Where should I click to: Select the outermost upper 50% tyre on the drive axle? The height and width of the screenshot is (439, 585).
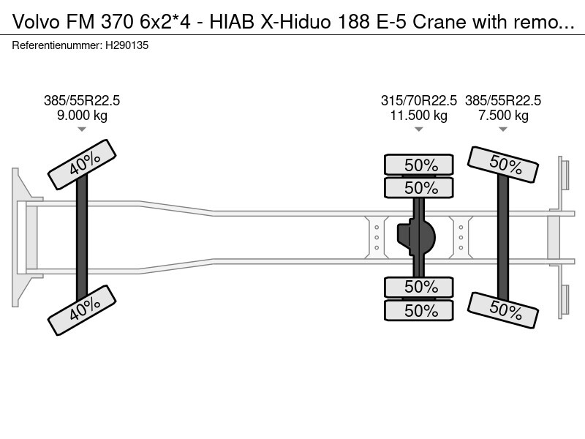tap(419, 165)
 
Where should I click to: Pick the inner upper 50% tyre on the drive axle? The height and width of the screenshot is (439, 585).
tap(419, 188)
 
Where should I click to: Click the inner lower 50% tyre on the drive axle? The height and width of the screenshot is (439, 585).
tap(419, 287)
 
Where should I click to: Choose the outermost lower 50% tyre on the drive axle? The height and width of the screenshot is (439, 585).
tap(419, 309)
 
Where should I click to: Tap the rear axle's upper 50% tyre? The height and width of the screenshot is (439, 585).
tap(503, 165)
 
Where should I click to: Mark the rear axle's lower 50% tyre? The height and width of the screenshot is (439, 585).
tap(503, 309)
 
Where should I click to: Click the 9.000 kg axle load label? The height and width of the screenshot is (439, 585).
tap(82, 115)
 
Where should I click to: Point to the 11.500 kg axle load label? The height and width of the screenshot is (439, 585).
tap(419, 115)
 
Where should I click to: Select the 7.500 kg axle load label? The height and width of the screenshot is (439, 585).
tap(503, 115)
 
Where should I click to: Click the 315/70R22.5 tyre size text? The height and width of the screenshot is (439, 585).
tap(419, 101)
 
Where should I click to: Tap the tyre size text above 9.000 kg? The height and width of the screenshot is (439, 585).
tap(82, 101)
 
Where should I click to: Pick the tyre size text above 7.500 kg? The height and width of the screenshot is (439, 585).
tap(503, 101)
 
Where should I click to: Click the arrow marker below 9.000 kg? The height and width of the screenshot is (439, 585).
tap(82, 130)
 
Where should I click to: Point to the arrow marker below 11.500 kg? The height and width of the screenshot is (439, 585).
tap(419, 130)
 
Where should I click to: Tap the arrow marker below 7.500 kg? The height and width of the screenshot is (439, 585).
tap(503, 130)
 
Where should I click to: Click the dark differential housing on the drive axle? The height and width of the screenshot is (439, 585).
tap(416, 236)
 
